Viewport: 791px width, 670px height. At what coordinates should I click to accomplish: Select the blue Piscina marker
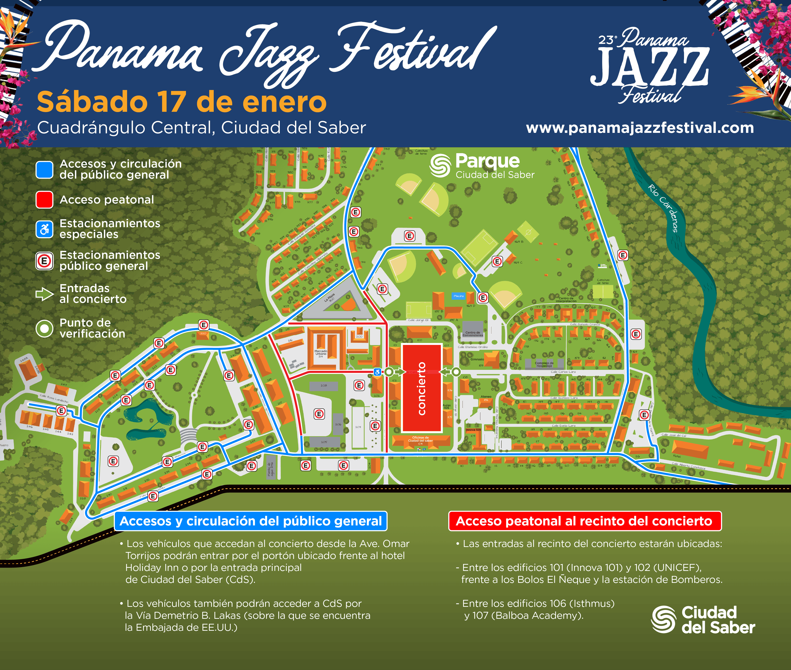tap(458, 296)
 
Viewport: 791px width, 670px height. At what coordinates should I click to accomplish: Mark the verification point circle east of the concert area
tap(456, 372)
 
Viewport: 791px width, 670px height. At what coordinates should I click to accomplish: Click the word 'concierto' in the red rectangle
tap(421, 388)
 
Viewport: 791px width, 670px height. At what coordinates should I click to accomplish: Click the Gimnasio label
tap(477, 359)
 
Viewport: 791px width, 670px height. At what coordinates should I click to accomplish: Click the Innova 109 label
tap(473, 430)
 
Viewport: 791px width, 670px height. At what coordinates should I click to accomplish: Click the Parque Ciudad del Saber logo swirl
tap(440, 166)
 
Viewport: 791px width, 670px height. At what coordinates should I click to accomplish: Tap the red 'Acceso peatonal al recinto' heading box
tap(584, 521)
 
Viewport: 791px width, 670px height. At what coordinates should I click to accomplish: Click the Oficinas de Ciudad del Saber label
tap(420, 439)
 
